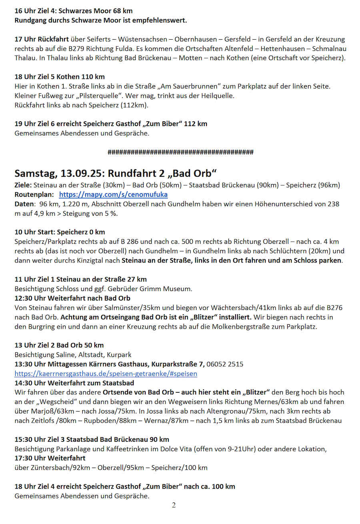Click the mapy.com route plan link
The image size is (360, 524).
click(x=113, y=195)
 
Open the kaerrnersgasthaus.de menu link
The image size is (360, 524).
click(x=106, y=373)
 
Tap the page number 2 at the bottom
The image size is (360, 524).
click(x=174, y=505)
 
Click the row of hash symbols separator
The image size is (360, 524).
click(x=180, y=152)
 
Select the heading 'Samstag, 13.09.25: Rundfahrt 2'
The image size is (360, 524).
click(x=115, y=173)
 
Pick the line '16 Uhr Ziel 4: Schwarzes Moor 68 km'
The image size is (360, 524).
click(x=74, y=11)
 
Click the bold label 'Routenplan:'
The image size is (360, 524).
click(x=34, y=195)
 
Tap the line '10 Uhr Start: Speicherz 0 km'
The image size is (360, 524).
click(x=60, y=232)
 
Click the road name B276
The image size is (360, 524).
click(x=334, y=308)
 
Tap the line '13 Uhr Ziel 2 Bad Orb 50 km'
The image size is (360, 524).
click(x=59, y=345)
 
